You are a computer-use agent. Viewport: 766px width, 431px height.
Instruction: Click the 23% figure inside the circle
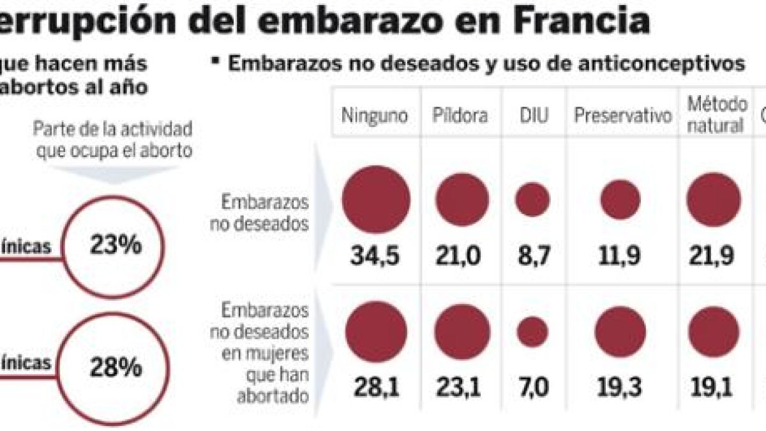tap(116, 245)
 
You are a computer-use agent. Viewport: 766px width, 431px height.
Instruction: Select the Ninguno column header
tap(375, 116)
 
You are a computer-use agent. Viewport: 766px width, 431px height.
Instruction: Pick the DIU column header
tap(532, 116)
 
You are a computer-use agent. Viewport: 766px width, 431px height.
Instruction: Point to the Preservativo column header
tap(623, 116)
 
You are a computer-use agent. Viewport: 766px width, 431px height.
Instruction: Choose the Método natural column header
tap(716, 114)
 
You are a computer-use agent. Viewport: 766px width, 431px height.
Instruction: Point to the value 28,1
tap(375, 386)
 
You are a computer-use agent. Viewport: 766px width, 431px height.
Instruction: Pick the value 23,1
tap(462, 386)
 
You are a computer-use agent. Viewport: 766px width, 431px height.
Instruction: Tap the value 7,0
tap(532, 386)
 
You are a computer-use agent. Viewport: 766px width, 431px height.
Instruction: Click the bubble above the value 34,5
tap(375, 200)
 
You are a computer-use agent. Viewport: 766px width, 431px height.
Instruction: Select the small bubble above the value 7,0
tap(532, 331)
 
